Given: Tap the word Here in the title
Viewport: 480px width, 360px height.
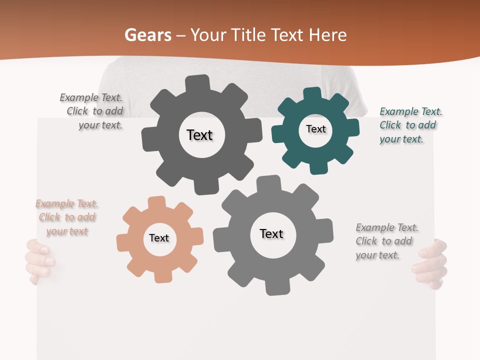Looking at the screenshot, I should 327,35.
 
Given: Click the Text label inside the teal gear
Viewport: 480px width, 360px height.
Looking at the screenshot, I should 315,129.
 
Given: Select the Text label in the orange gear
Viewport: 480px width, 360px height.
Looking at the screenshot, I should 159,238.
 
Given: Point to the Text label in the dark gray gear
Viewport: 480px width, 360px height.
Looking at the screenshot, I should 199,135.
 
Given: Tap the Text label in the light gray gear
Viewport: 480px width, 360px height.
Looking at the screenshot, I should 271,234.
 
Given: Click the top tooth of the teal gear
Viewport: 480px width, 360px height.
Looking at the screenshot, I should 312,94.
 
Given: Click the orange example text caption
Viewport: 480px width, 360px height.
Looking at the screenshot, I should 66,217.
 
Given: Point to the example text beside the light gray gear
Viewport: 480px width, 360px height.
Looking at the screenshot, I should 386,241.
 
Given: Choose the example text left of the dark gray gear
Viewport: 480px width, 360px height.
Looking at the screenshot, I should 92,111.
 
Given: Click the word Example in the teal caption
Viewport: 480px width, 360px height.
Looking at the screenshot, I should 397,112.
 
